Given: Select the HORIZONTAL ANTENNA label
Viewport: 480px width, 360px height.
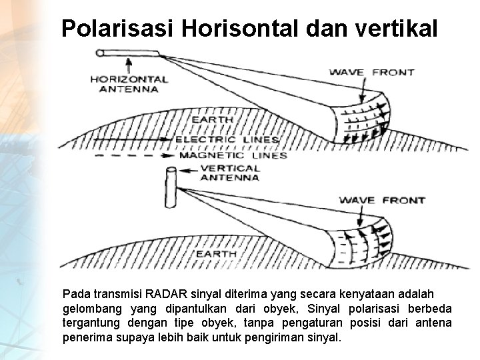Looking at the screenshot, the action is click(x=129, y=84).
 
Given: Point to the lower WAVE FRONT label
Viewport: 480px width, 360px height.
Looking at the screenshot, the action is click(x=381, y=199).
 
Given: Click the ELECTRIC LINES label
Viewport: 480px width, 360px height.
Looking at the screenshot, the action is click(x=227, y=140).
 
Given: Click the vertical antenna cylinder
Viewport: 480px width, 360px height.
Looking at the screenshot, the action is click(x=170, y=188).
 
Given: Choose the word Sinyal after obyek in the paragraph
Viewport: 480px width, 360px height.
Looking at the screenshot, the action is click(x=325, y=308).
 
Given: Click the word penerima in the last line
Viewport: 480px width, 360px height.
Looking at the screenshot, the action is click(x=84, y=337).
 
